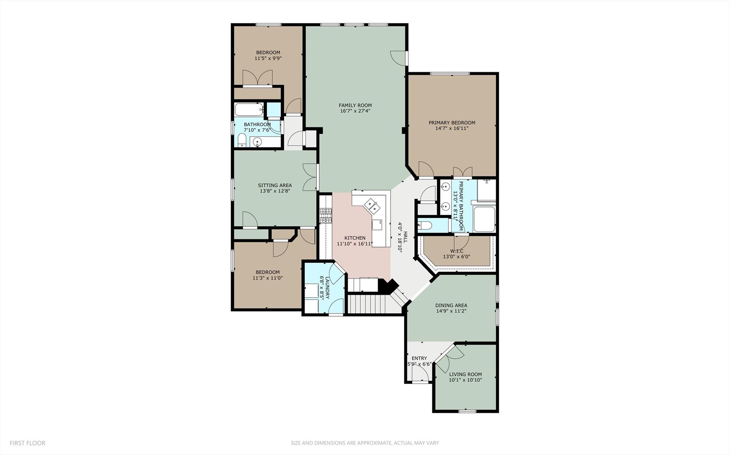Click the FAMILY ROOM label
pyautogui.click(x=355, y=105)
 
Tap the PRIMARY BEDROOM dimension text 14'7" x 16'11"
pyautogui.click(x=452, y=128)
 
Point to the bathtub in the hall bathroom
pyautogui.click(x=249, y=109)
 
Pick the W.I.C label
pyautogui.click(x=456, y=251)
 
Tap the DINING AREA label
pyautogui.click(x=451, y=305)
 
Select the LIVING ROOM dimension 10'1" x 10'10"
pyautogui.click(x=465, y=380)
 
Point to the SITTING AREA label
pyautogui.click(x=275, y=185)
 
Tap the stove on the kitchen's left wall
pyautogui.click(x=326, y=216)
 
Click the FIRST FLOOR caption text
pyautogui.click(x=27, y=443)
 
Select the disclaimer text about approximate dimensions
pyautogui.click(x=364, y=443)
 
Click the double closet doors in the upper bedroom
pyautogui.click(x=257, y=78)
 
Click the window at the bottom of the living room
pyautogui.click(x=467, y=411)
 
